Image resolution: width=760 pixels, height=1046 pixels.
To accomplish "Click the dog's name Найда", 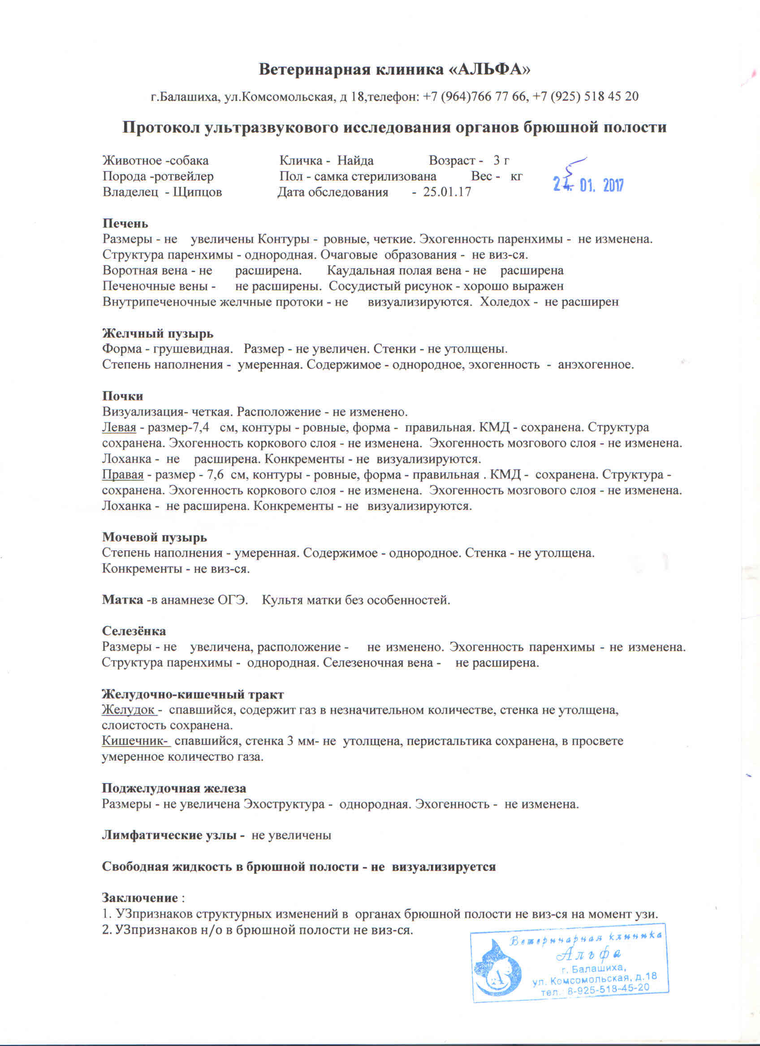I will click(355, 161).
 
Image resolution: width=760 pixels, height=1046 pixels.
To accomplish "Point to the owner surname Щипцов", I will click(197, 193).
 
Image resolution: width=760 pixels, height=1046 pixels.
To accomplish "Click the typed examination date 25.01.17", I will click(447, 193).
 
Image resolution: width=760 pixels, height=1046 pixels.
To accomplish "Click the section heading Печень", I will click(125, 224).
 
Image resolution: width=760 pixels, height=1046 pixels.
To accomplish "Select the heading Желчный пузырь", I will click(157, 334).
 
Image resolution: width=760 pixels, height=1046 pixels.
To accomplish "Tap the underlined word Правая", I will click(123, 475).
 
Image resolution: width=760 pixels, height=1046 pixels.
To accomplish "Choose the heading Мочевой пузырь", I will click(154, 538).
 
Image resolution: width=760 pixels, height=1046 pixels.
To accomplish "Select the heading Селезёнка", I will click(134, 631).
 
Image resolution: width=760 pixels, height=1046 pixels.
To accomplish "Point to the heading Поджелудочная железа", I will click(173, 788).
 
